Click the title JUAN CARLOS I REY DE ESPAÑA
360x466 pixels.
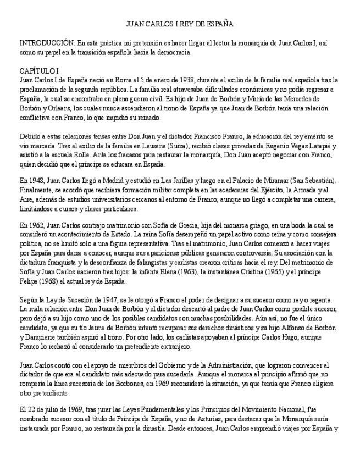point(180,24)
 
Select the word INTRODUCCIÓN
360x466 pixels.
point(47,42)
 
